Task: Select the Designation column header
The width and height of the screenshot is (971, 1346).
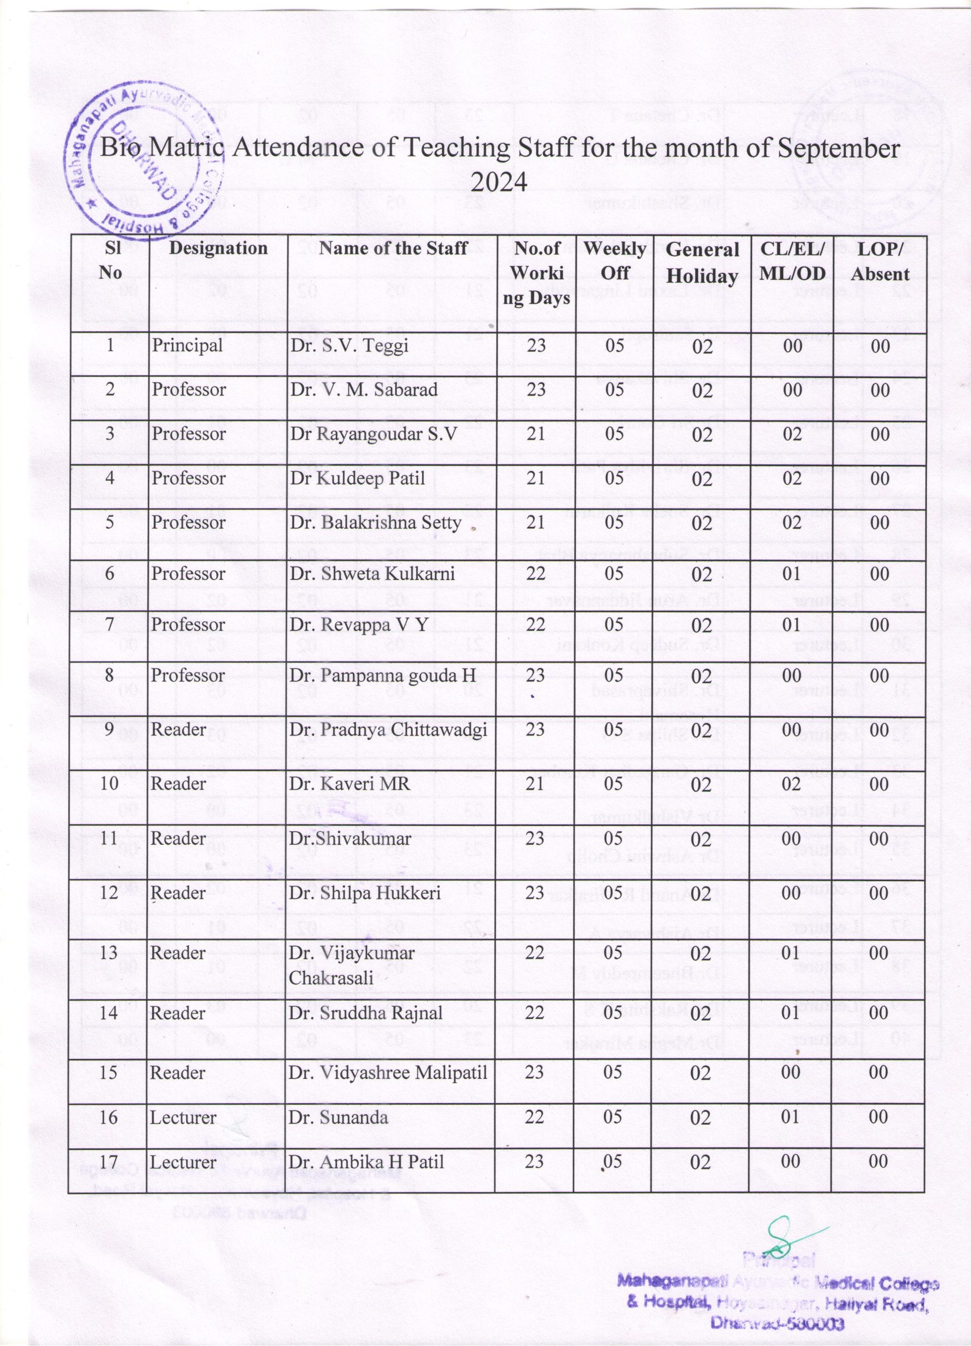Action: [218, 248]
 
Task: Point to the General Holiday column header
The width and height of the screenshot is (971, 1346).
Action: [702, 263]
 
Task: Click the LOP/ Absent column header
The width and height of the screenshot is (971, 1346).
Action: [880, 262]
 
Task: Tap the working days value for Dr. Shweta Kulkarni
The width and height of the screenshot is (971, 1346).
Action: [536, 573]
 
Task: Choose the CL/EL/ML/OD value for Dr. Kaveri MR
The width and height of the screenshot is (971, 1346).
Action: [792, 783]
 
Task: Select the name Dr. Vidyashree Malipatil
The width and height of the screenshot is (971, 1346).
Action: [388, 1073]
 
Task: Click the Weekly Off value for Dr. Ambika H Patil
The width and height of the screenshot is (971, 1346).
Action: [614, 1160]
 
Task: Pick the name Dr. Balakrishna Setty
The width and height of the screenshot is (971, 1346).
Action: [376, 522]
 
